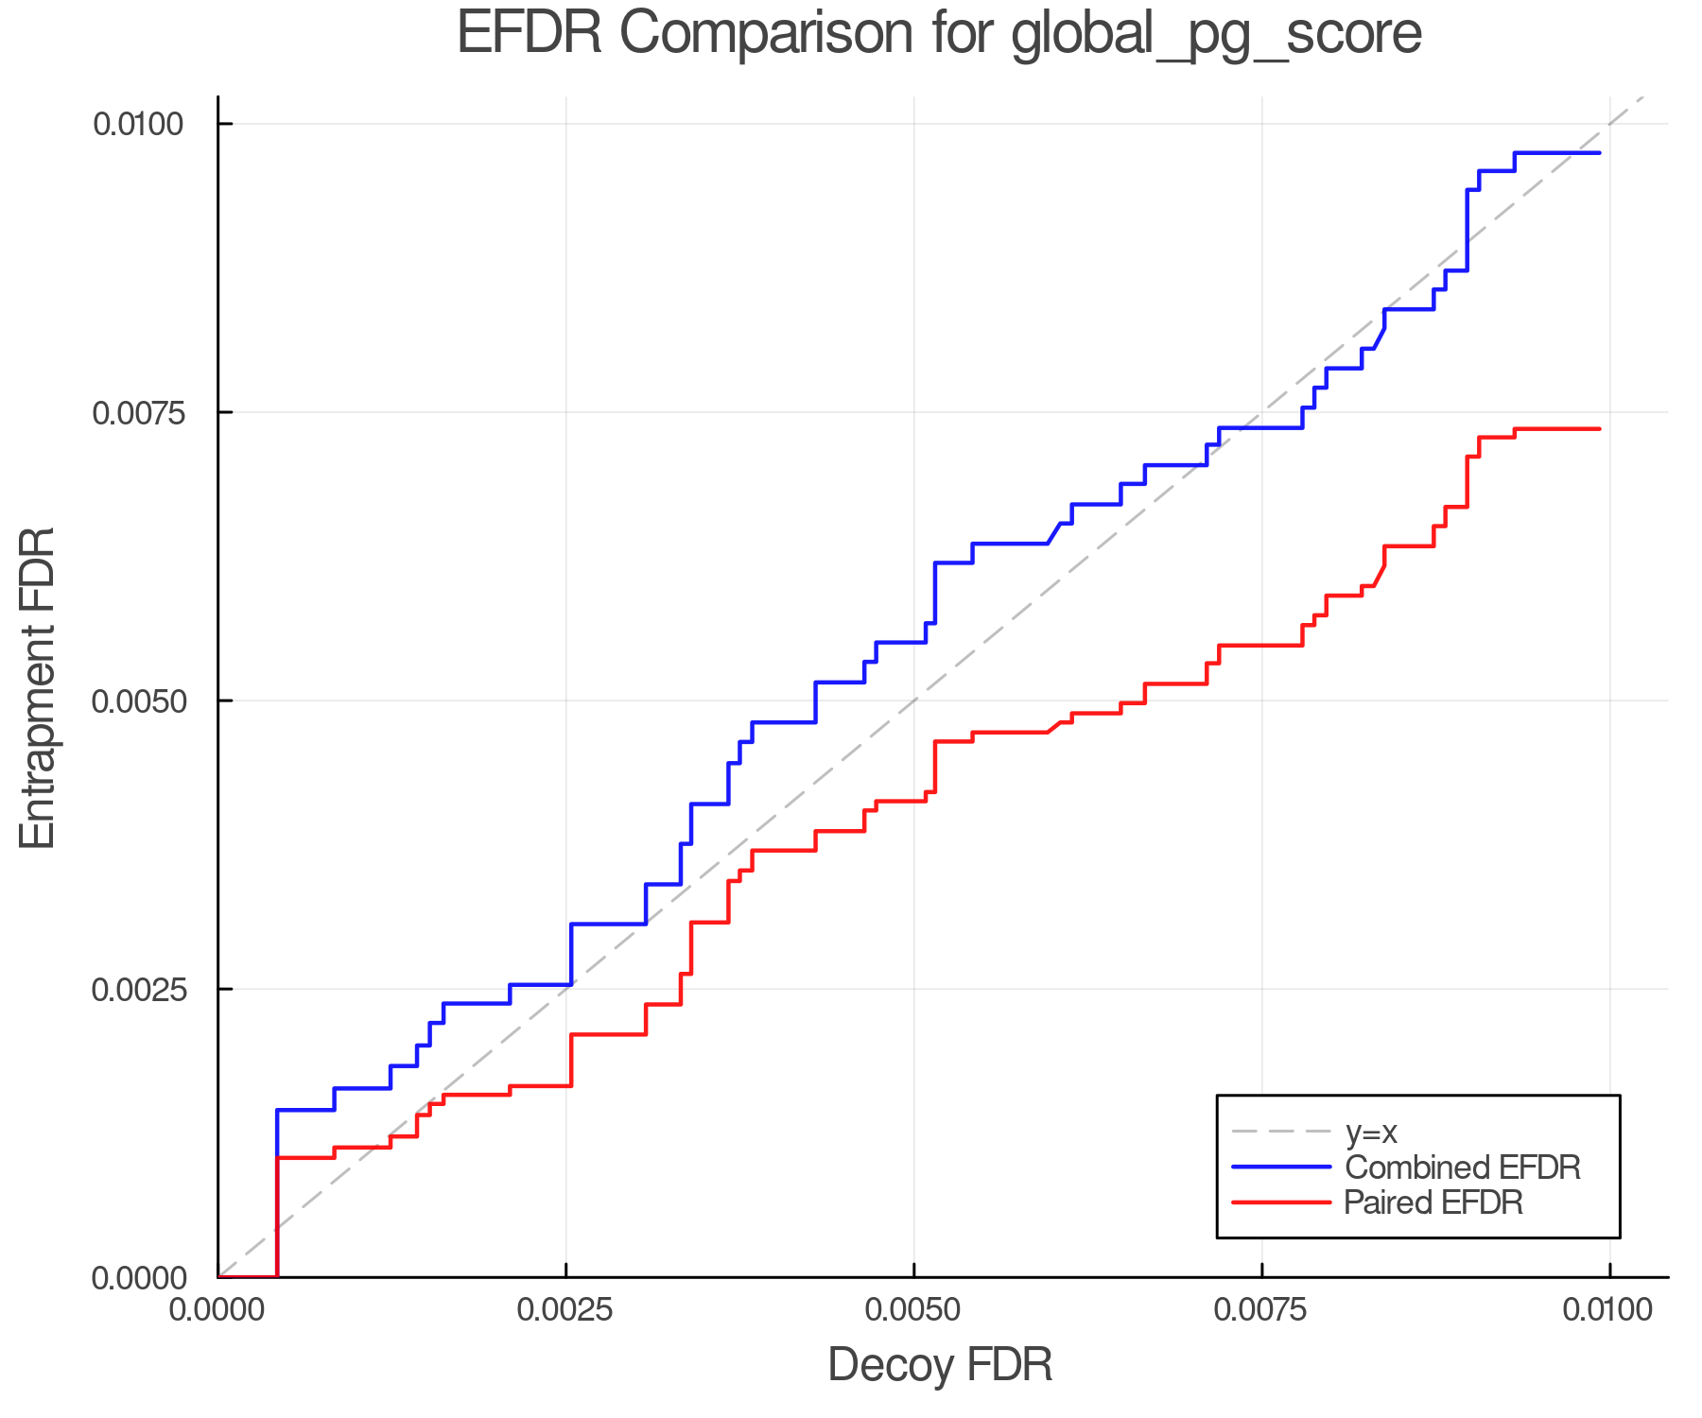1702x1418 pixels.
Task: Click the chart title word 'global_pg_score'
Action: pos(1216,34)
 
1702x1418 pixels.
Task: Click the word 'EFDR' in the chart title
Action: pos(530,34)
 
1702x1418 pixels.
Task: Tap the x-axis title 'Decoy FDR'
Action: pos(940,1365)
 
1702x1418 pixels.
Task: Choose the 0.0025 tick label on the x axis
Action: pos(566,1310)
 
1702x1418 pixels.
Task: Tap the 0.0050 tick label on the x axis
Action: pos(914,1310)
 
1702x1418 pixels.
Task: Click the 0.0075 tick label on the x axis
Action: pos(1262,1310)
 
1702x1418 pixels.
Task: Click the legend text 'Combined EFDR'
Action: pos(1462,1167)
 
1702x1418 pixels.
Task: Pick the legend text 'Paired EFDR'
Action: pos(1433,1202)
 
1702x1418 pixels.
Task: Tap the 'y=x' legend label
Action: pos(1371,1133)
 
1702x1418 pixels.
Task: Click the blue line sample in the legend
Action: pos(1281,1167)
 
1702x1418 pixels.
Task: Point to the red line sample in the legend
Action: pos(1281,1202)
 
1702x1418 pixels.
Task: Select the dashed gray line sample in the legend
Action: pos(1281,1133)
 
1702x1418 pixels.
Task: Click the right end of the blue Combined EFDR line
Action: pos(1599,153)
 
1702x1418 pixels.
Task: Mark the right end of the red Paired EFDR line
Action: pos(1599,429)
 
